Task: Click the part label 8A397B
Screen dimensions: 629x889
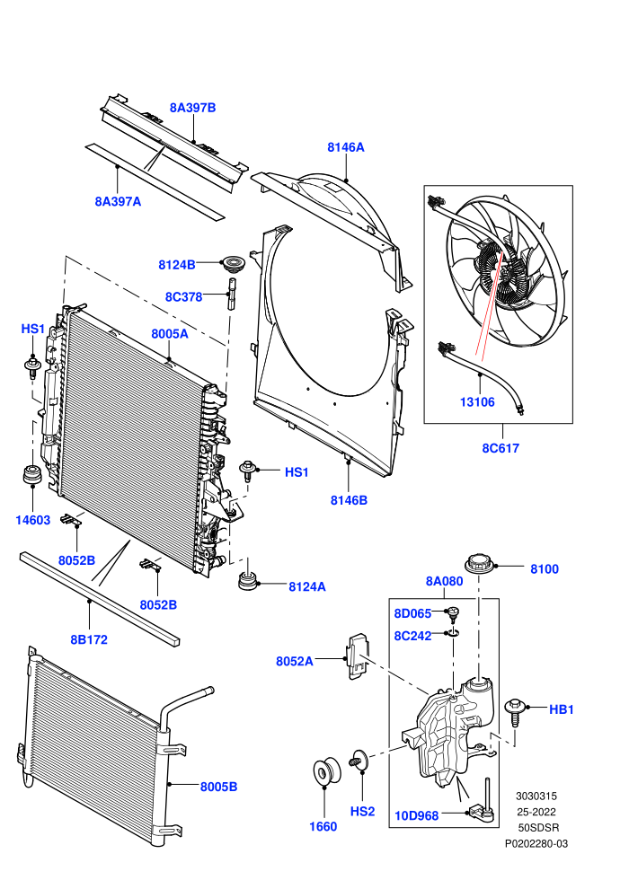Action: point(192,108)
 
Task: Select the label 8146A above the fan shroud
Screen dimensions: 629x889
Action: point(345,147)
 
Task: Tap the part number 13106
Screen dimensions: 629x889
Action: point(477,402)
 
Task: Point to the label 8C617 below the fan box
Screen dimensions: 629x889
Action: point(501,448)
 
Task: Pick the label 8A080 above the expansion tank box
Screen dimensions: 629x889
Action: point(444,581)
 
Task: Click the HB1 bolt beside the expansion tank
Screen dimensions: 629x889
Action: point(515,712)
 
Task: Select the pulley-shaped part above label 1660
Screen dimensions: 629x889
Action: point(327,771)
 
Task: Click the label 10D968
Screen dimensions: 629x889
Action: point(416,816)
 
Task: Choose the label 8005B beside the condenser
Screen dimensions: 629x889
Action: point(218,787)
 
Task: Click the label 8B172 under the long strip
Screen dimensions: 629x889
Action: point(89,639)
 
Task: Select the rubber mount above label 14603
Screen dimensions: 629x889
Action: point(31,475)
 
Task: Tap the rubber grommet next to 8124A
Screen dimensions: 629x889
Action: point(247,581)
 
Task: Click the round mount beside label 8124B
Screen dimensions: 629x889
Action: point(233,264)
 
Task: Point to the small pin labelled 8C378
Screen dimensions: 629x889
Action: point(231,293)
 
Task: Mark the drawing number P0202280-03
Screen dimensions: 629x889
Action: point(536,843)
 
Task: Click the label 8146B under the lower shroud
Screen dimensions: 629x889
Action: point(349,500)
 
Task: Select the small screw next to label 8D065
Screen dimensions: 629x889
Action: point(453,614)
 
